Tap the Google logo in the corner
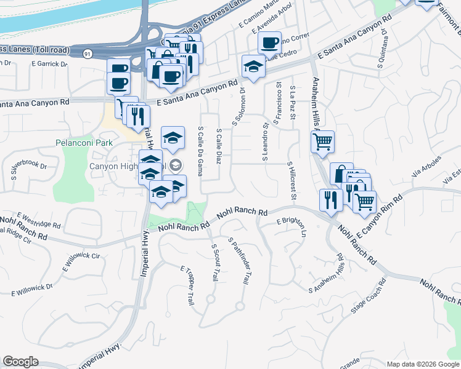click(20, 362)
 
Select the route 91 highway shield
click(89, 54)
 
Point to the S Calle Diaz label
click(219, 146)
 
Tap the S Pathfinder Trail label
click(238, 261)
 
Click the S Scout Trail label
click(215, 263)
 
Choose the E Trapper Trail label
click(187, 286)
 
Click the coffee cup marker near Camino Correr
click(269, 44)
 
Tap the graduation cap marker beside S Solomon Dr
click(253, 66)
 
